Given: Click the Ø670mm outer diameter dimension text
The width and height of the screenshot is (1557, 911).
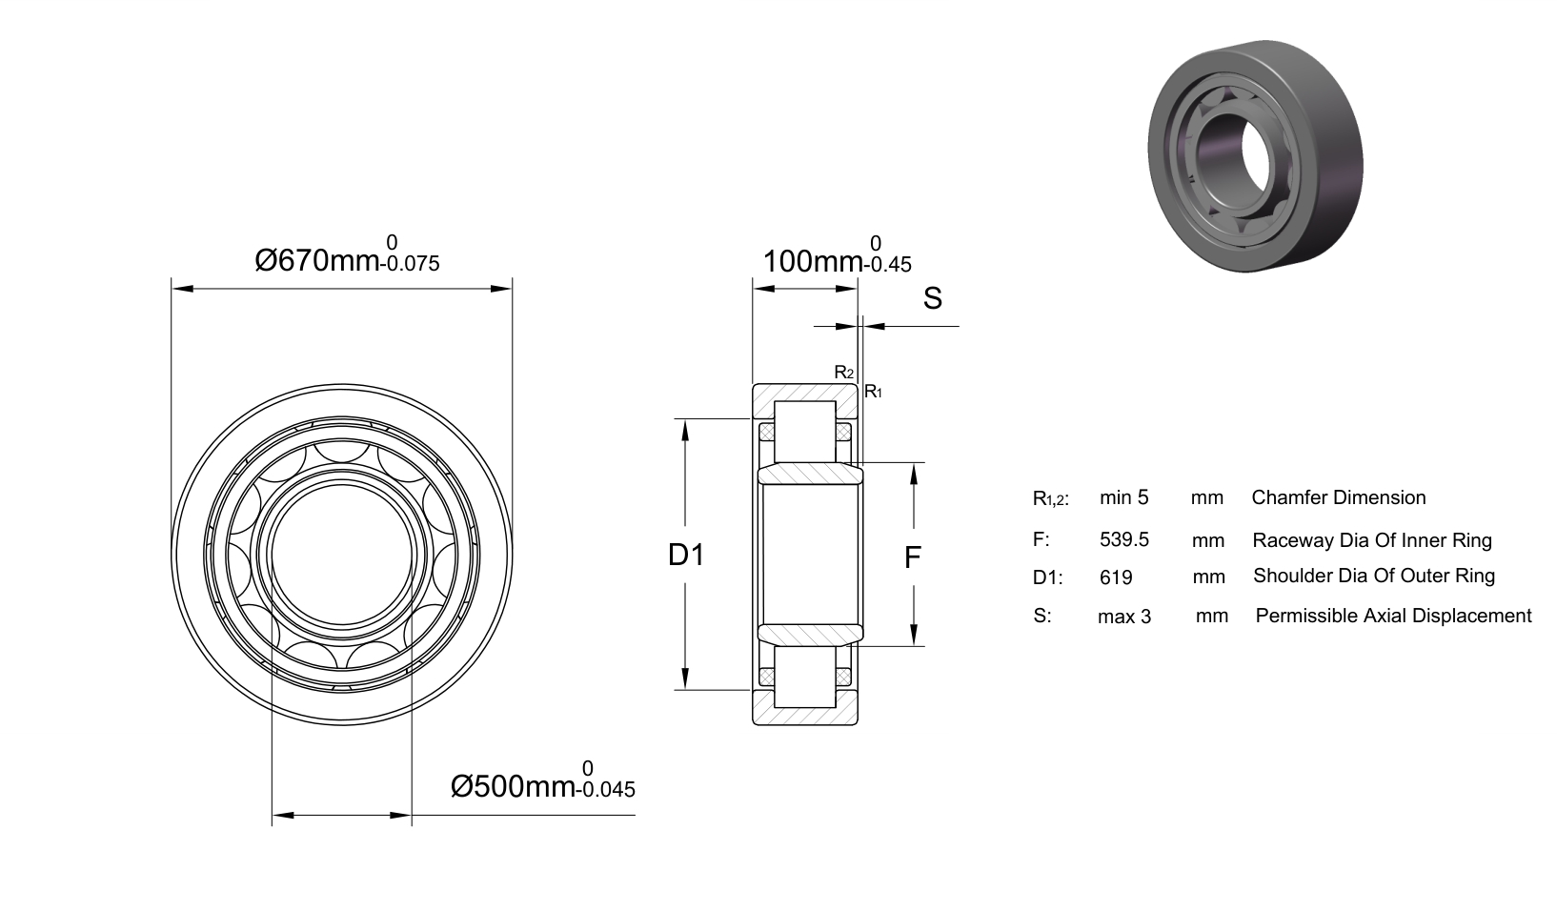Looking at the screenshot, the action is [317, 261].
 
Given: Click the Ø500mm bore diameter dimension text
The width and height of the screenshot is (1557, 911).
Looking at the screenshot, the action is [513, 786].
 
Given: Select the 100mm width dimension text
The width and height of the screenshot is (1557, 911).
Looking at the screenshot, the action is [813, 262].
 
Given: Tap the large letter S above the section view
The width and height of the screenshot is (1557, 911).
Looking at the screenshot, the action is [932, 298].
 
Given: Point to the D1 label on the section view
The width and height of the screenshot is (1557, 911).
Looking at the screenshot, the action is [686, 555].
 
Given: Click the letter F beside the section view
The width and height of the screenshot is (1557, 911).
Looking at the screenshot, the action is [912, 557].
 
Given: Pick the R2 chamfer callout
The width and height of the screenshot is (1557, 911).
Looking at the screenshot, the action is [844, 373].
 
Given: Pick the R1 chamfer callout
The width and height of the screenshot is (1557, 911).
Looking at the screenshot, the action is [873, 392].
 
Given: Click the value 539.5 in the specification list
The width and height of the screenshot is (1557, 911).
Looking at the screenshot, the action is [1124, 539].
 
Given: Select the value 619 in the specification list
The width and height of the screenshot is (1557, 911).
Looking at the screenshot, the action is [1116, 577].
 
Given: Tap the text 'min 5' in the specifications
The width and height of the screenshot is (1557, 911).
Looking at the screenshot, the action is [1124, 497].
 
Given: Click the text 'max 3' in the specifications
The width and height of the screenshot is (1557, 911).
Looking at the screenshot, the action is [1124, 617].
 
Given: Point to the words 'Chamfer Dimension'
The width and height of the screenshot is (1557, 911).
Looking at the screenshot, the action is [1339, 497].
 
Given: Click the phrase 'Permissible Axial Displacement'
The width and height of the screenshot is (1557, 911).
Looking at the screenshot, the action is [1393, 616].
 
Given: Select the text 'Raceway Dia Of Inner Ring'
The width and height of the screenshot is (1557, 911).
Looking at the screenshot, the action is [1372, 540].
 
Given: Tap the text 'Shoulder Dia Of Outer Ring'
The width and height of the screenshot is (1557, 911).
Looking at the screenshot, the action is [1373, 577].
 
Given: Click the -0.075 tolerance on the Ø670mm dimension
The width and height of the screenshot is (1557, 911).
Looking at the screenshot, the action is [410, 263].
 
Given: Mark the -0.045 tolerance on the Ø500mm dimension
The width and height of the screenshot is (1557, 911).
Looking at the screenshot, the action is [605, 789].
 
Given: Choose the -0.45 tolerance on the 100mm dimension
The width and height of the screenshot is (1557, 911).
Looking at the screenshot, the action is [888, 265].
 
